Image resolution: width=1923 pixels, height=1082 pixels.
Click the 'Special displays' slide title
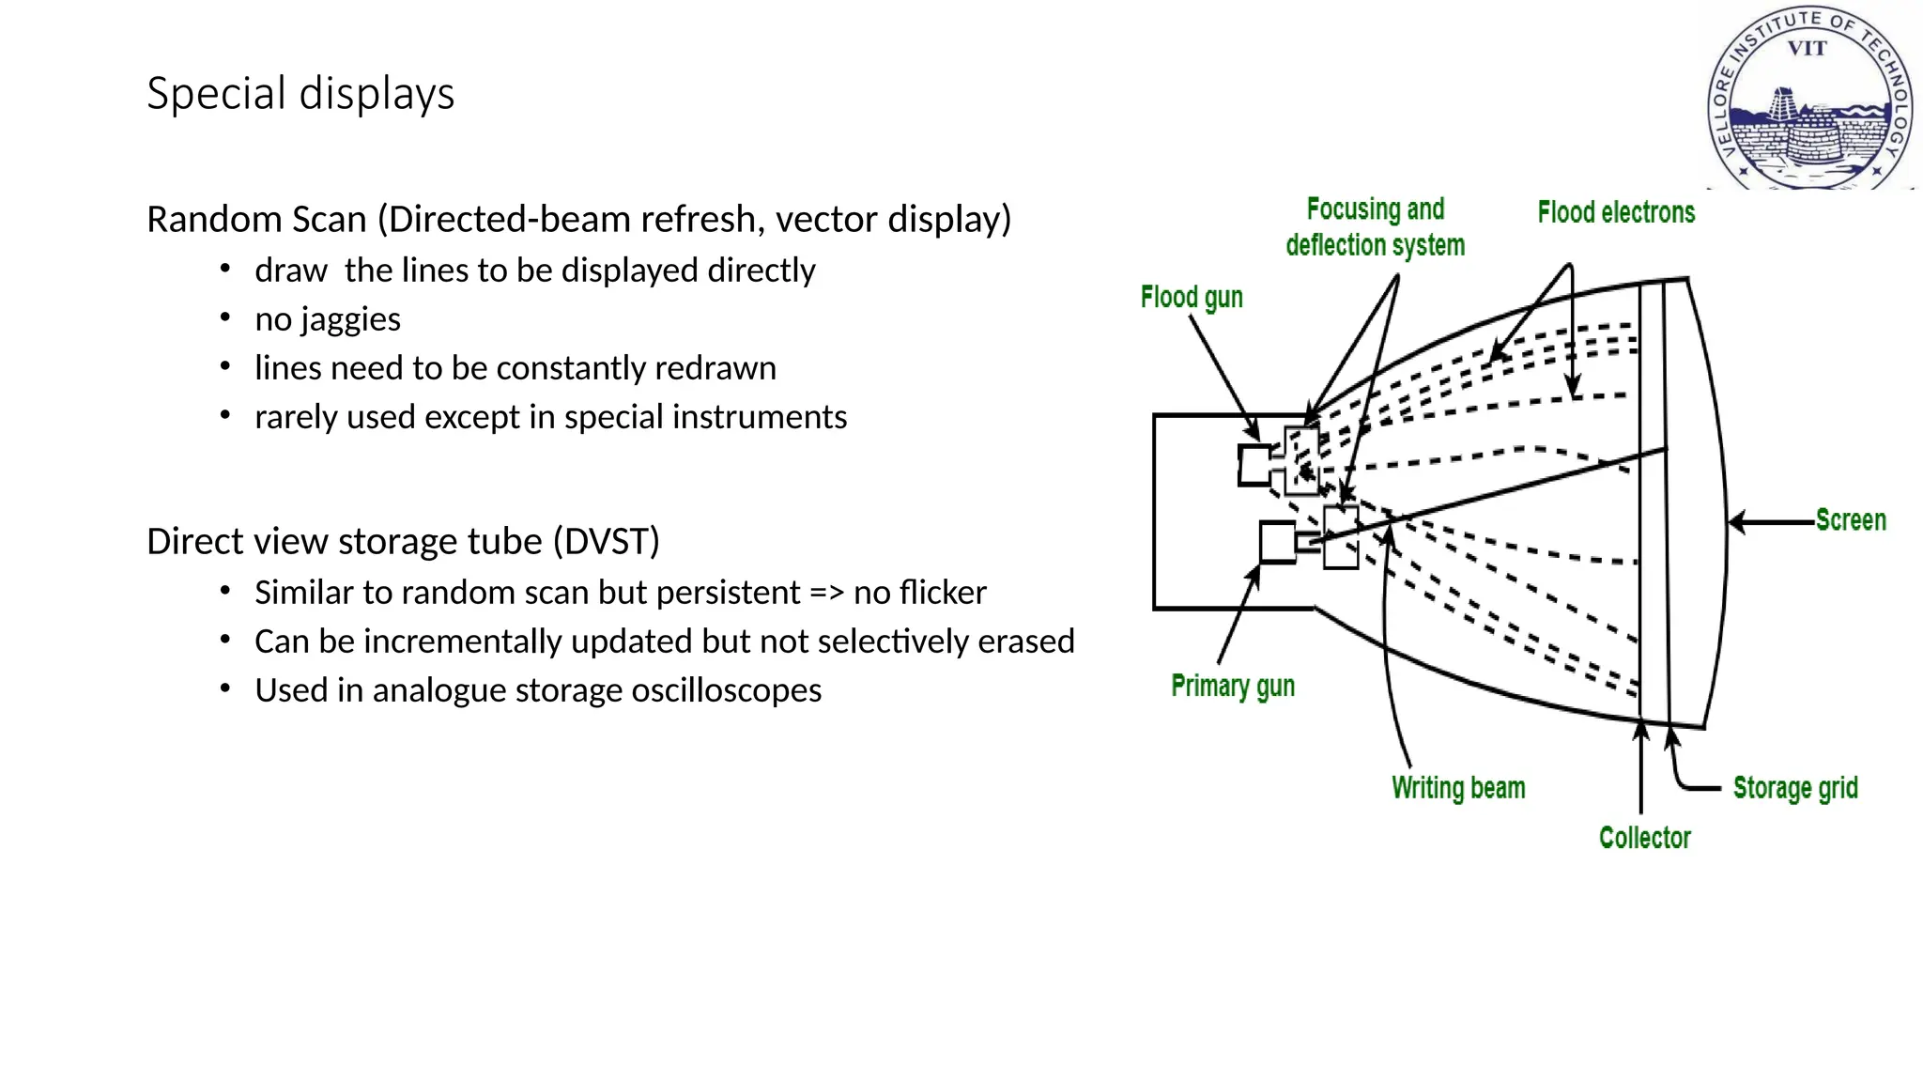pos(300,94)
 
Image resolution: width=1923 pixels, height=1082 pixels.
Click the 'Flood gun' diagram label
pos(1192,298)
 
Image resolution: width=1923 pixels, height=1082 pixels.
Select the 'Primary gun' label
pos(1233,687)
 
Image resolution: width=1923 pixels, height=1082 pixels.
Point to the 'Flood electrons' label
pos(1616,213)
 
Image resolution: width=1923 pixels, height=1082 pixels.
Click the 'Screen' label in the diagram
pos(1850,520)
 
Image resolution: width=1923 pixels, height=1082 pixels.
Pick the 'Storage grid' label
pos(1794,788)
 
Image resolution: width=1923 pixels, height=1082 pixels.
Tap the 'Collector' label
pos(1644,838)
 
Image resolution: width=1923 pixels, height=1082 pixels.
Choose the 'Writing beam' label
pos(1458,788)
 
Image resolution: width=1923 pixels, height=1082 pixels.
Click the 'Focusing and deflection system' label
pos(1376,227)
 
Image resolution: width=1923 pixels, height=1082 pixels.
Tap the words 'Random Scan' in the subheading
pos(256,220)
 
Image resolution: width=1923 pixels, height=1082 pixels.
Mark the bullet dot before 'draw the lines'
pos(224,269)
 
